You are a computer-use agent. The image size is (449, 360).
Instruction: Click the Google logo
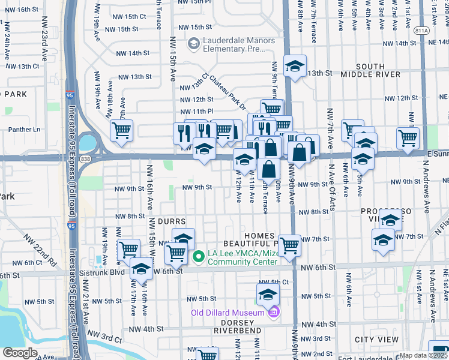point(20,353)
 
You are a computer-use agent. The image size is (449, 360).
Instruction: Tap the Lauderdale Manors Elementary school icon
point(193,43)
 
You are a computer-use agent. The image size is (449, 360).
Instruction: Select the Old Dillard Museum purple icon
point(274,313)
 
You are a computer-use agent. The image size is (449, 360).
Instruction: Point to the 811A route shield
point(422,30)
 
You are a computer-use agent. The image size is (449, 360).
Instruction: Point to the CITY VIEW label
point(376,340)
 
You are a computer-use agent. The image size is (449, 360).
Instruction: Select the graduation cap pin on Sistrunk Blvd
point(142,269)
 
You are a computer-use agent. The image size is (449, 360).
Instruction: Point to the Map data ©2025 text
point(424,355)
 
